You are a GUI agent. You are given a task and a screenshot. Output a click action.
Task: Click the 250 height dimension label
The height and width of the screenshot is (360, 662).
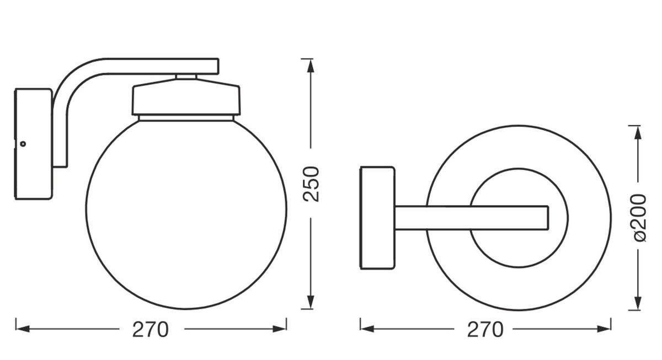(312, 183)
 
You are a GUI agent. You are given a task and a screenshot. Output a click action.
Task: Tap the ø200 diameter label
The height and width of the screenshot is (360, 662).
(639, 217)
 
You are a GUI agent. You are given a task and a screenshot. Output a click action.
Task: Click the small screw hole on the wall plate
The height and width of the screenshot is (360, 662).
(23, 144)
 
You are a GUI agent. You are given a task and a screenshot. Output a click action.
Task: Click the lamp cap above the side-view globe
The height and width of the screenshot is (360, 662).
(186, 98)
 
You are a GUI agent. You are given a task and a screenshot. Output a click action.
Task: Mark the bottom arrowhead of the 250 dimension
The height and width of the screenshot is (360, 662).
(311, 302)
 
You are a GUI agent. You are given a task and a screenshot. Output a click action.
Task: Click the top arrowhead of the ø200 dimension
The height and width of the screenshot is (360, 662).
(638, 133)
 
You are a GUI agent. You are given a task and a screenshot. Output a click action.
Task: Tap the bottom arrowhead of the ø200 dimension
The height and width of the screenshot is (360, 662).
(638, 303)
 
